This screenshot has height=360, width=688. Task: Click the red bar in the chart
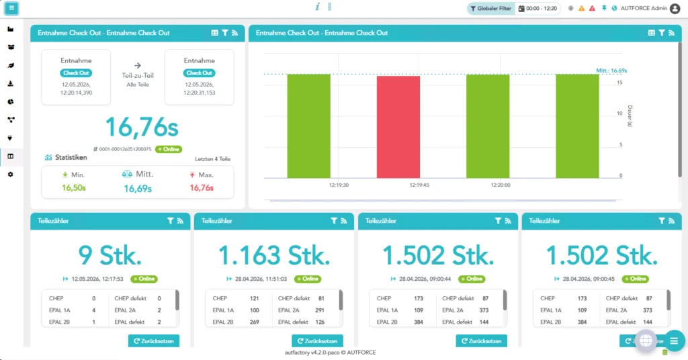click(x=398, y=127)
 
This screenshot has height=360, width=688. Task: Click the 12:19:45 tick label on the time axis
click(x=419, y=185)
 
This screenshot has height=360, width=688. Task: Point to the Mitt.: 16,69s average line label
click(x=611, y=71)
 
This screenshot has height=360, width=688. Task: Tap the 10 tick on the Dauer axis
click(x=619, y=114)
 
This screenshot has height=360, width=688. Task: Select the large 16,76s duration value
click(x=142, y=127)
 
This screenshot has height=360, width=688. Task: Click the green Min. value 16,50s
click(x=74, y=187)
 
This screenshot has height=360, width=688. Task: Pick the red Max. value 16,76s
click(x=202, y=187)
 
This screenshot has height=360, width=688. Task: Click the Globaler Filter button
click(x=491, y=8)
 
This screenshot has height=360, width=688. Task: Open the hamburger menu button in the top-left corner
click(x=11, y=8)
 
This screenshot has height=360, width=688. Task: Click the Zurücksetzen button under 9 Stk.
click(x=154, y=341)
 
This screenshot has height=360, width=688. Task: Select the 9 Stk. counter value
click(x=110, y=255)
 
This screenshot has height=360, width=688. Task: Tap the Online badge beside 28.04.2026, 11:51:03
click(x=308, y=279)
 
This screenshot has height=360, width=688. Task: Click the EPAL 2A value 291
click(x=319, y=310)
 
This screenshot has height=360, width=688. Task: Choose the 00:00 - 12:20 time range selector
click(x=538, y=8)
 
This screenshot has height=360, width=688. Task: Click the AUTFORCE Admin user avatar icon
click(x=675, y=8)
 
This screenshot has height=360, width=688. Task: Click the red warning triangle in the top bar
click(x=593, y=8)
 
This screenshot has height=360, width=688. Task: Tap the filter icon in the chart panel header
click(x=662, y=33)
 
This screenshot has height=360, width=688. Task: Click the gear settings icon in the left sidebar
click(x=11, y=175)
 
